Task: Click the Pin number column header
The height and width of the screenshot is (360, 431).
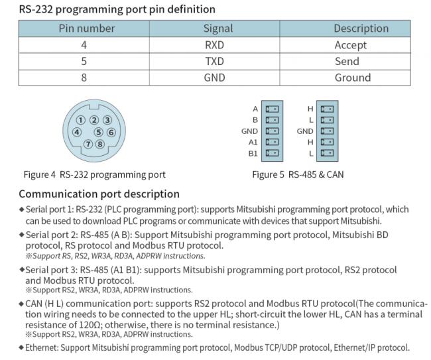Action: [87, 29]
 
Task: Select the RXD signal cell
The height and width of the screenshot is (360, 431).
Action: [214, 45]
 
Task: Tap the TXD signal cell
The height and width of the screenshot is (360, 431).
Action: [214, 61]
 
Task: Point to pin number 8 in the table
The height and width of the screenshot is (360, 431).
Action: [84, 78]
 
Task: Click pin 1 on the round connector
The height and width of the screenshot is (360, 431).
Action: [80, 120]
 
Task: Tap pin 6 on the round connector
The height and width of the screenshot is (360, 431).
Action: [111, 133]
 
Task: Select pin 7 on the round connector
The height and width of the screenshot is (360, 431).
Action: [88, 144]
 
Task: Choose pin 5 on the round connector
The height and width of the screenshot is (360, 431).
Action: [98, 133]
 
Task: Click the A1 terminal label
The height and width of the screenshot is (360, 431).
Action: [253, 142]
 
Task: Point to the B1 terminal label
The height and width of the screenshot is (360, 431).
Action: [253, 153]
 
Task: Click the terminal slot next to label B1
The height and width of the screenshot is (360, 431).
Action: [272, 153]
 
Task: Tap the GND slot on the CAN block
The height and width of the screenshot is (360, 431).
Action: [327, 131]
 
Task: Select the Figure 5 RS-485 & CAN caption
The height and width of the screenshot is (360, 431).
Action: [298, 174]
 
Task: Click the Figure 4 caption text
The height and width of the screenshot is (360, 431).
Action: [95, 175]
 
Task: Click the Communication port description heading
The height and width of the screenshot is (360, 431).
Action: [99, 194]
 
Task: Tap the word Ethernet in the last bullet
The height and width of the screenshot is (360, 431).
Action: [42, 347]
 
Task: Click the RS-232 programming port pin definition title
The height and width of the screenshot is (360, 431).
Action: [117, 9]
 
